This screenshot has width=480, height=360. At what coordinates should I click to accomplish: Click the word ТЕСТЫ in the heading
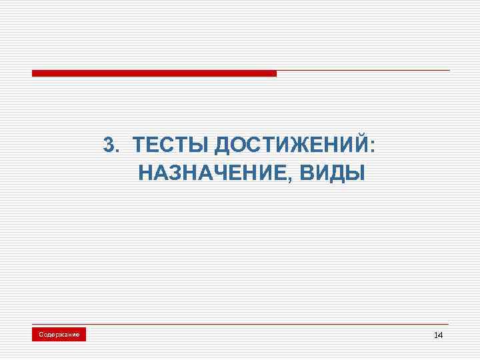click(x=171, y=145)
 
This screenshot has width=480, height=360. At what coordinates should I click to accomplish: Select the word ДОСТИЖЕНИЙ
click(x=291, y=145)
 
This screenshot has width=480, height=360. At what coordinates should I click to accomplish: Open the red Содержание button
click(x=59, y=334)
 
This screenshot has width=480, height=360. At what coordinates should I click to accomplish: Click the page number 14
click(x=438, y=335)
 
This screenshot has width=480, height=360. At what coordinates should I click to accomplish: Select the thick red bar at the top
click(x=154, y=73)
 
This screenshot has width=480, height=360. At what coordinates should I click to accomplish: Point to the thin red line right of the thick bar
click(x=363, y=70)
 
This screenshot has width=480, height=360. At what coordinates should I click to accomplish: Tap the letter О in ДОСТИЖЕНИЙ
click(x=240, y=145)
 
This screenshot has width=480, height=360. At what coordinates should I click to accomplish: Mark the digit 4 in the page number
click(x=440, y=335)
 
